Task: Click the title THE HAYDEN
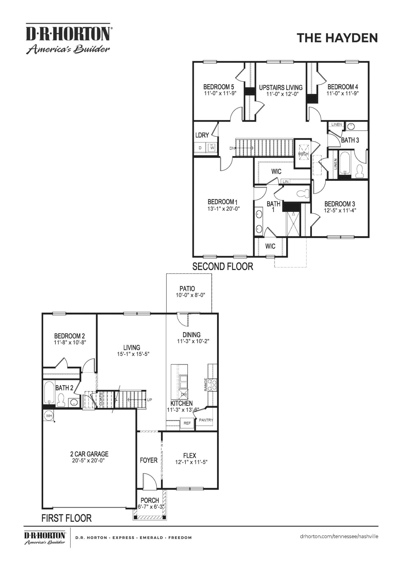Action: tap(337, 38)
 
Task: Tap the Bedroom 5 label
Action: tap(219, 87)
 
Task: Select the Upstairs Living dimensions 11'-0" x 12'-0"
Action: tap(281, 94)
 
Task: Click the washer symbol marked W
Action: tap(212, 148)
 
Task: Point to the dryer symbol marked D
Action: tap(200, 148)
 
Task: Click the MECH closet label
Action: tap(303, 153)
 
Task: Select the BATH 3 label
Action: tap(350, 140)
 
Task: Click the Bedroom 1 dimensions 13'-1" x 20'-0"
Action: tap(223, 209)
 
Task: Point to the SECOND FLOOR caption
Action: tap(223, 266)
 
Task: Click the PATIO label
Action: tap(187, 289)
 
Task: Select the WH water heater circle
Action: tap(49, 416)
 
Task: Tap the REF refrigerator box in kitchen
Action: tap(187, 423)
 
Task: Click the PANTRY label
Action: tap(206, 420)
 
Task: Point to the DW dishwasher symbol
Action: tap(184, 394)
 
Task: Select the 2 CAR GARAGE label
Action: tap(89, 454)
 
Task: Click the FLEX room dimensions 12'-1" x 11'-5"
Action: tap(191, 462)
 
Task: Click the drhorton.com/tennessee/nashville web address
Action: tap(339, 536)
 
